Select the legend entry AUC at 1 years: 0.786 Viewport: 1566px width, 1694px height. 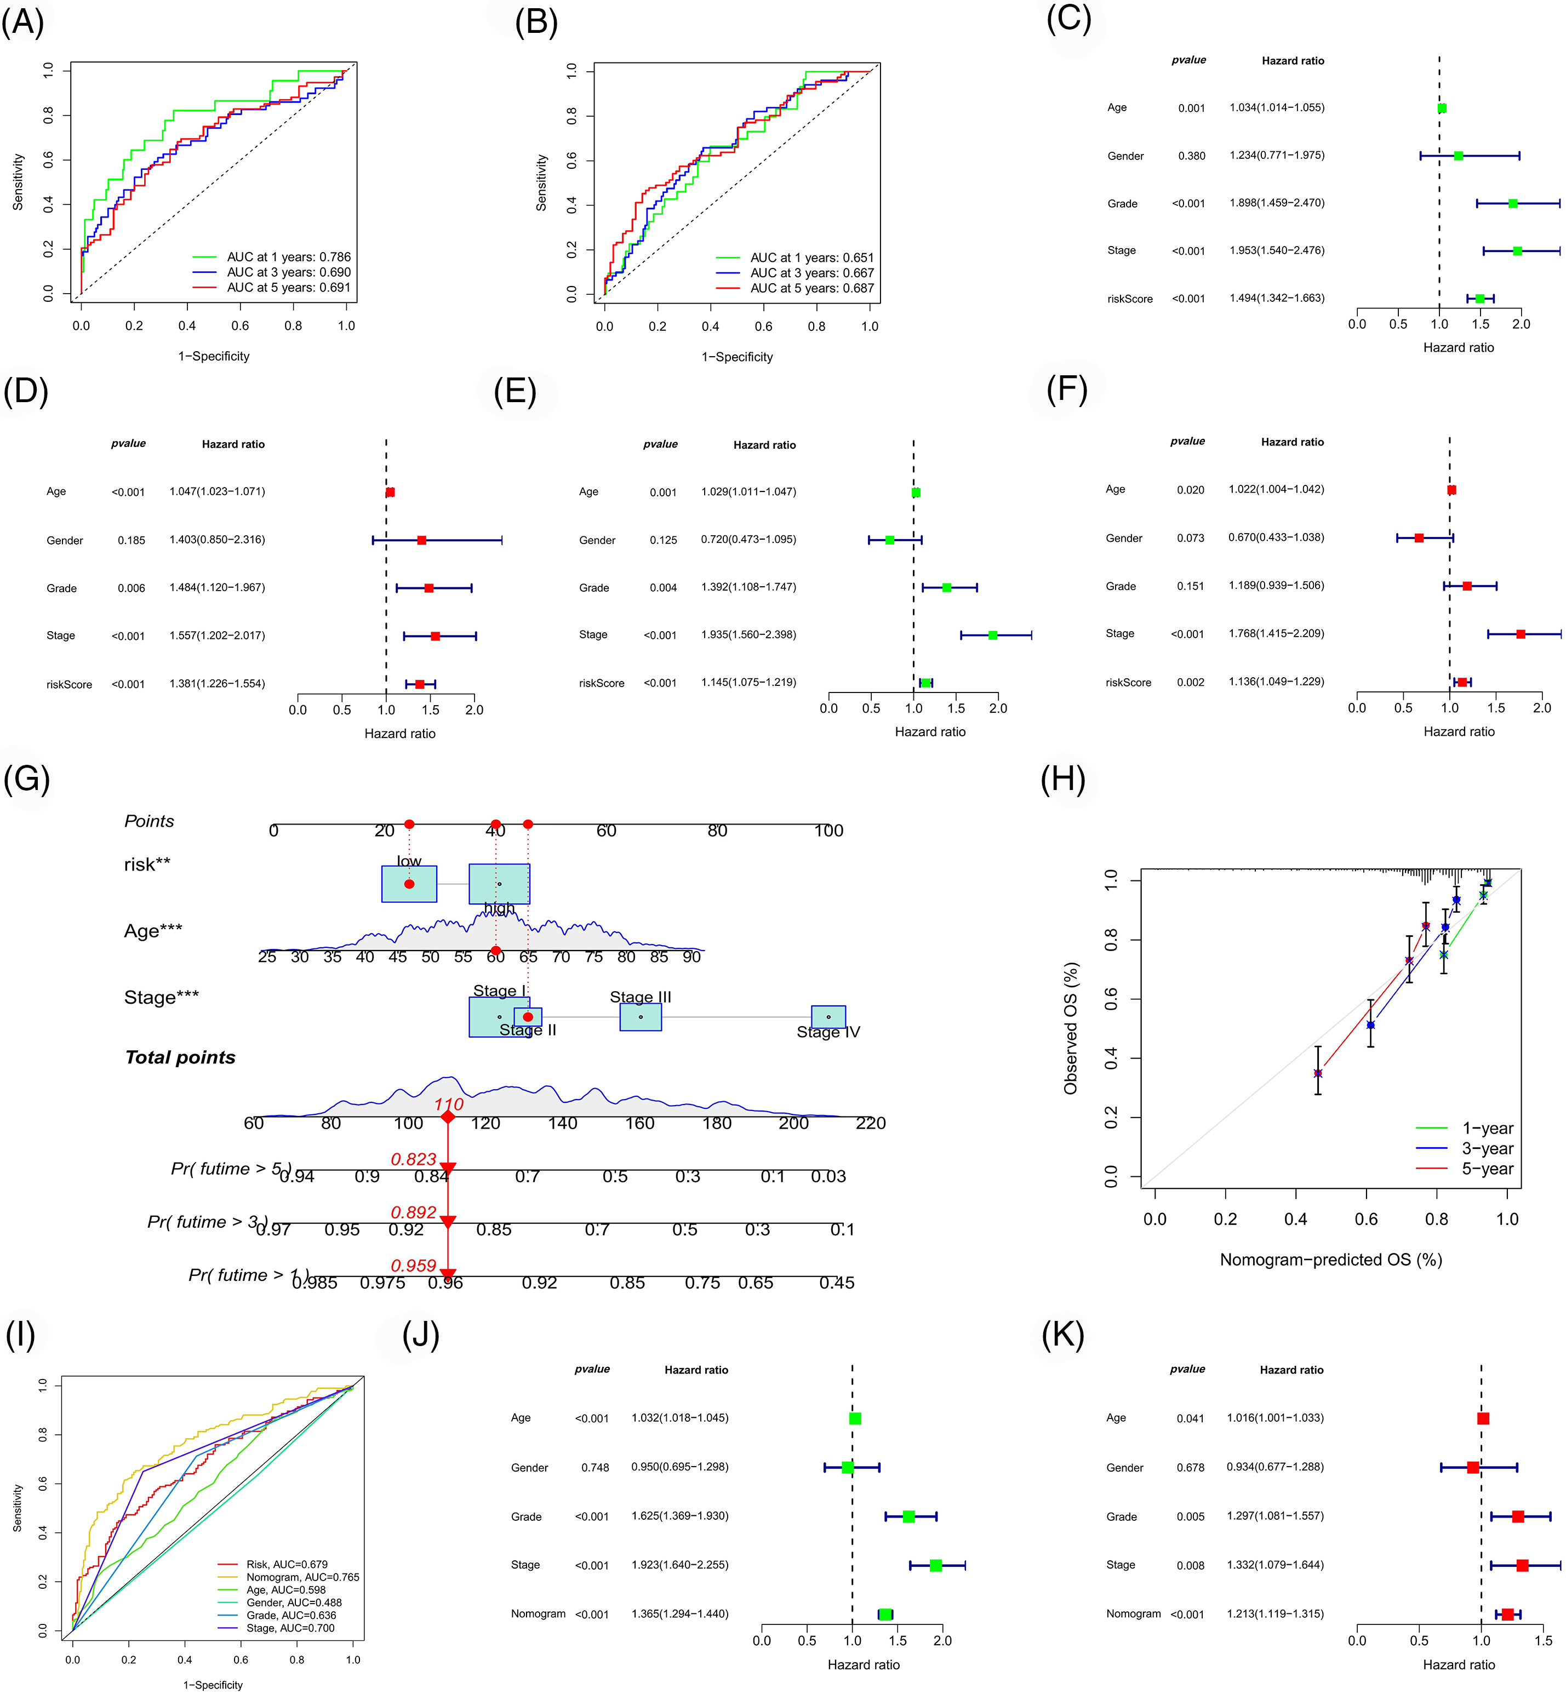pyautogui.click(x=288, y=257)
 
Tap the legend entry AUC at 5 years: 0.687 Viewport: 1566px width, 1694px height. pyautogui.click(x=811, y=288)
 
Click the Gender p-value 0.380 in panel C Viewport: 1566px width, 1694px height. pyautogui.click(x=1191, y=156)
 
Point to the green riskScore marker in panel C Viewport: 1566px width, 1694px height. pyautogui.click(x=1479, y=298)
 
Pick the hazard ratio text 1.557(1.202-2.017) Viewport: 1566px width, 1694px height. pyautogui.click(x=217, y=636)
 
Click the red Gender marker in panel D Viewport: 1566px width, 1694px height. pyautogui.click(x=422, y=540)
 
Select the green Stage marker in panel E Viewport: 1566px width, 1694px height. pyautogui.click(x=993, y=635)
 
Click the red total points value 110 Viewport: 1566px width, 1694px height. pyautogui.click(x=448, y=1104)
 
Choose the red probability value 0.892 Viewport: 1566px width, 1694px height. pyautogui.click(x=414, y=1212)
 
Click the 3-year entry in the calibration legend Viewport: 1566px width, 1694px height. pyautogui.click(x=1487, y=1148)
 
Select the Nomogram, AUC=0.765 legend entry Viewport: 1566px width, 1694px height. pyautogui.click(x=302, y=1577)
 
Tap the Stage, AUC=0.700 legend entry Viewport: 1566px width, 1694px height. pyautogui.click(x=290, y=1628)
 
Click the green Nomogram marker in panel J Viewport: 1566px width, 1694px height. pyautogui.click(x=885, y=1615)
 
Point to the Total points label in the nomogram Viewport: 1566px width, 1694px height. pyautogui.click(x=180, y=1057)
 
